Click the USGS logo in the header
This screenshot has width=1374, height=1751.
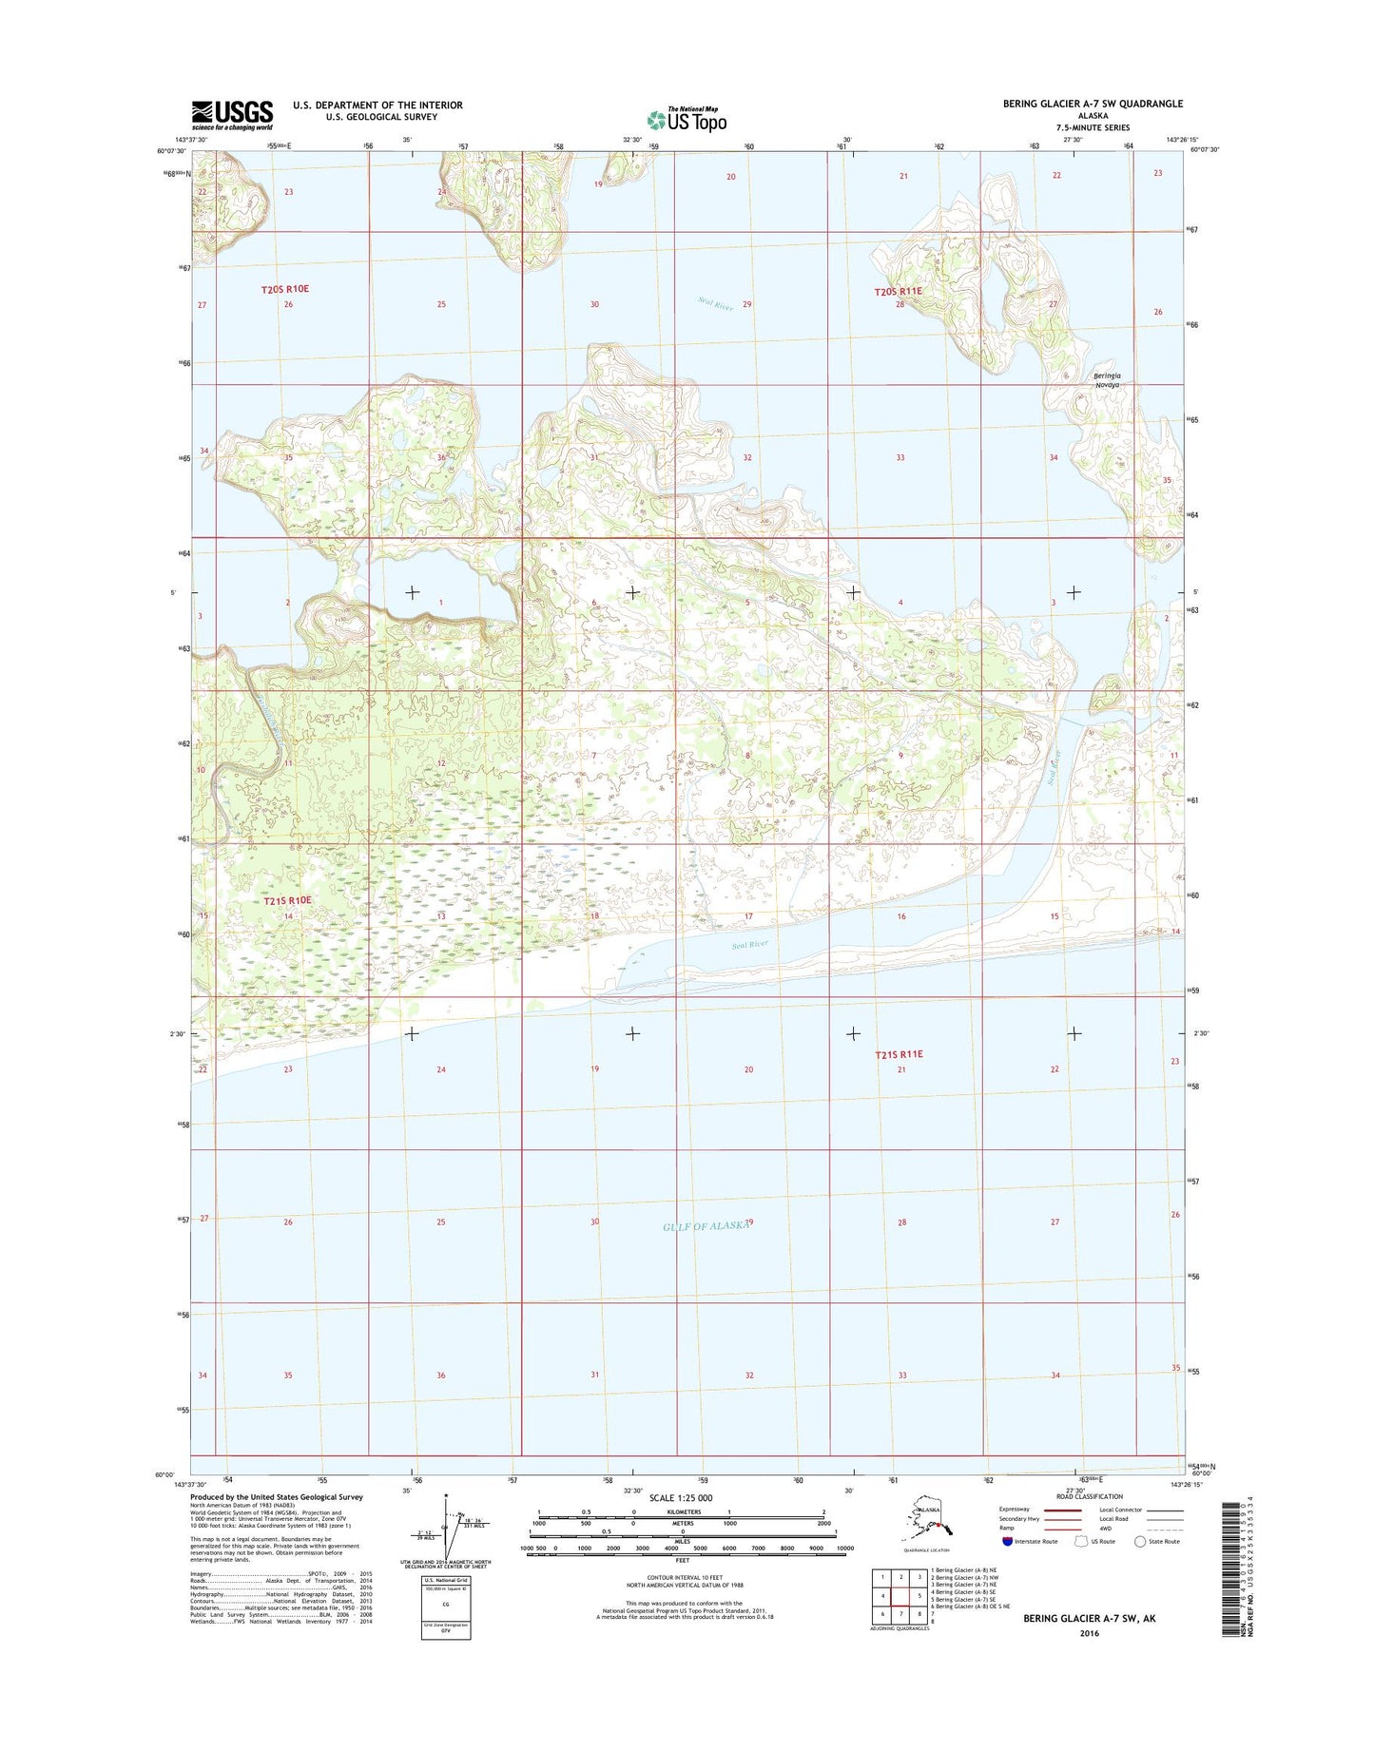[232, 115]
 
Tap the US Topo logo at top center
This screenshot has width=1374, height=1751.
[687, 119]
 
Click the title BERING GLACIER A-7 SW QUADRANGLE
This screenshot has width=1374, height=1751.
[1093, 104]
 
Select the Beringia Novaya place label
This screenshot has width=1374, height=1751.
[1107, 380]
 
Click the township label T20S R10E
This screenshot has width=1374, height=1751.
[285, 289]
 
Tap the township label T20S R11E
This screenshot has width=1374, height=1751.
[898, 292]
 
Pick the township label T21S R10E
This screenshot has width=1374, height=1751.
[287, 900]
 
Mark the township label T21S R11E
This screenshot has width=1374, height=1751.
[899, 1054]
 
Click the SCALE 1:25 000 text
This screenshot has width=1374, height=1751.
[680, 1498]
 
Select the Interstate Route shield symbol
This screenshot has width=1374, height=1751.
[1007, 1541]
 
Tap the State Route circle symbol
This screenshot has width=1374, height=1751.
[1140, 1541]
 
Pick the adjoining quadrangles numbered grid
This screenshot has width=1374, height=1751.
[900, 1595]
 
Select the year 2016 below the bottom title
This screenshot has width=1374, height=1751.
[1089, 1633]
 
